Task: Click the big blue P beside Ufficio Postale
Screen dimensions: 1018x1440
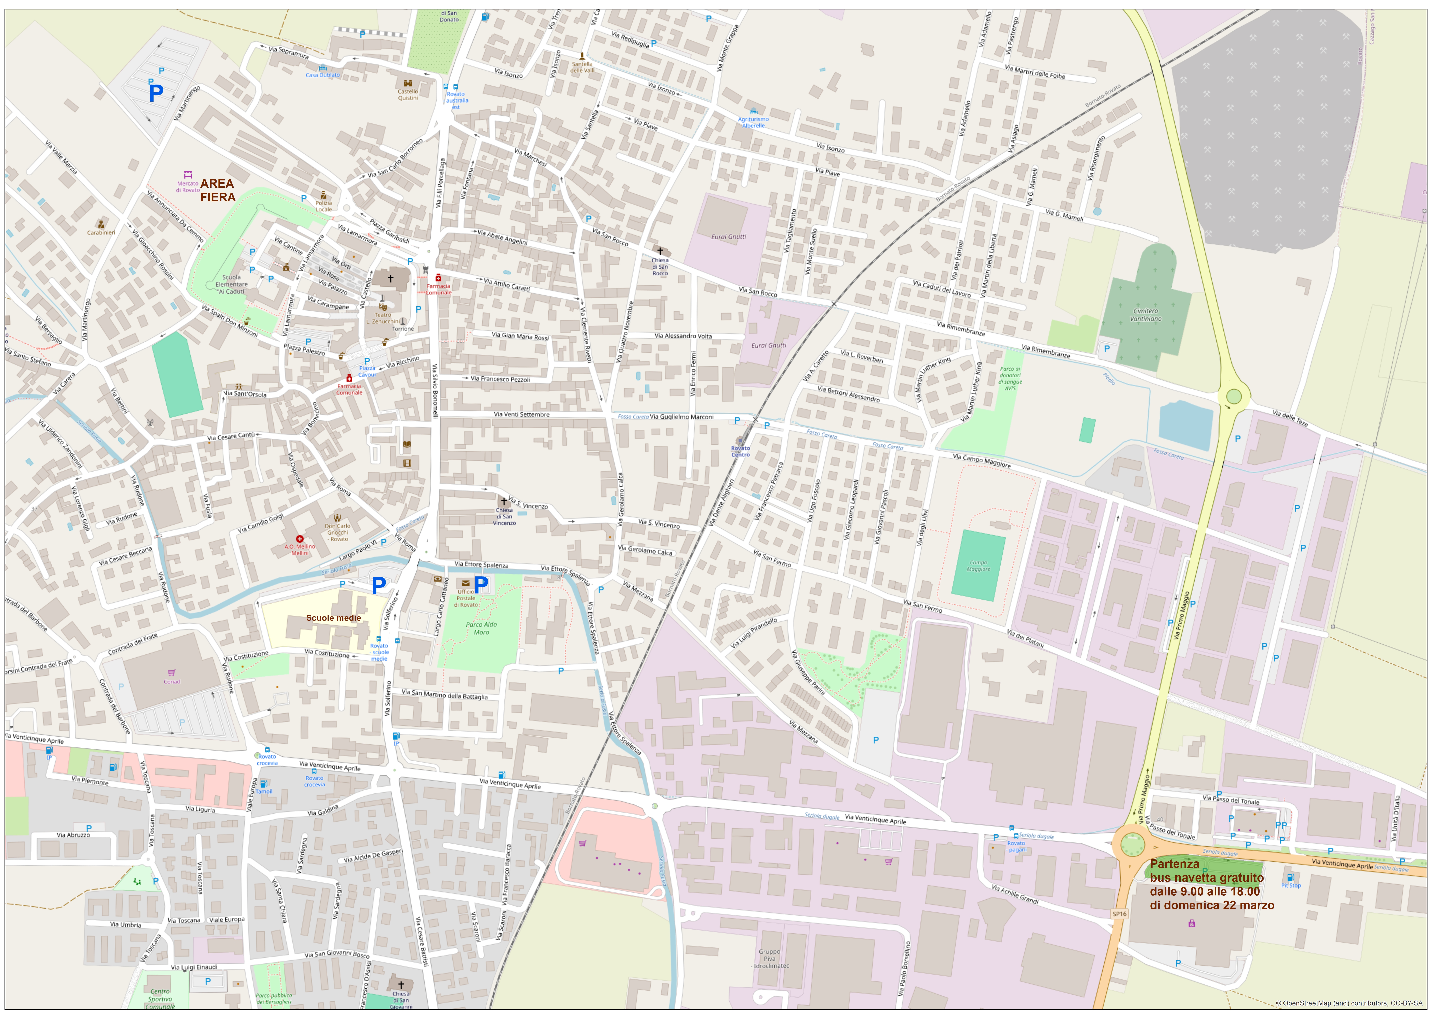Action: click(481, 585)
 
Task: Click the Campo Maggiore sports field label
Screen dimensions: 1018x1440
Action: click(978, 566)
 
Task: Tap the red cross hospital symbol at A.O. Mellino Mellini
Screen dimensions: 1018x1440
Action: click(300, 539)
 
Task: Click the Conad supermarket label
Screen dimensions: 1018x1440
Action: click(172, 682)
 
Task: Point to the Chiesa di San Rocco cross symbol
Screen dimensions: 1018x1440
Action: click(660, 251)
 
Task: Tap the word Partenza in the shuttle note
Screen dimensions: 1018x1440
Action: click(1174, 864)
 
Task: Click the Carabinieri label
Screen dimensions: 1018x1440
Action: click(101, 233)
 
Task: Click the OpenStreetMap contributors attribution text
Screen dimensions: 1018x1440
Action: click(1348, 1003)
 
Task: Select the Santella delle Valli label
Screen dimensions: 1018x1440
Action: click(582, 67)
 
